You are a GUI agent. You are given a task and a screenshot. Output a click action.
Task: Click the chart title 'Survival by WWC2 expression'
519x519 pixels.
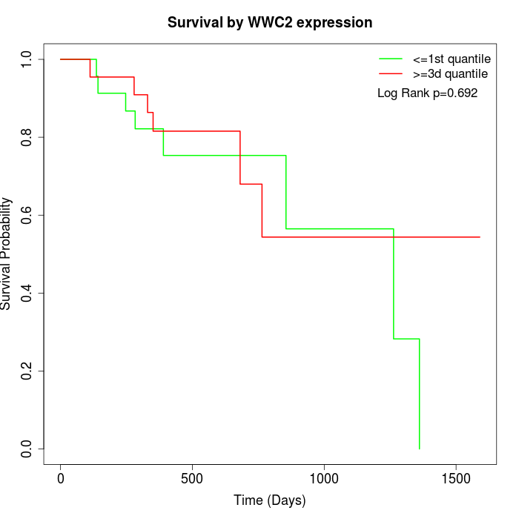[270, 22]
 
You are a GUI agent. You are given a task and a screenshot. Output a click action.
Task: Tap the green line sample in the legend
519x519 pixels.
[391, 59]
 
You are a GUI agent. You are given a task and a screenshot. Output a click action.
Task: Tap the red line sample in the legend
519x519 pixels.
[391, 74]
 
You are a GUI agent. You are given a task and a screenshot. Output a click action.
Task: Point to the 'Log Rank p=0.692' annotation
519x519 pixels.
[427, 93]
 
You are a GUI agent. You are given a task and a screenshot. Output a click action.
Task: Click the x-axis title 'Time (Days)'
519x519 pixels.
[270, 500]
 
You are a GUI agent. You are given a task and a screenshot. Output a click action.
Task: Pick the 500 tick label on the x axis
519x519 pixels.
[192, 477]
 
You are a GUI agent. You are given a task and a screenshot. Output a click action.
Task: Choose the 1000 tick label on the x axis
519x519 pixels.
[324, 477]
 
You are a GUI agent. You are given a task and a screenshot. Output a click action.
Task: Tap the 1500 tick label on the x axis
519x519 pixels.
[455, 477]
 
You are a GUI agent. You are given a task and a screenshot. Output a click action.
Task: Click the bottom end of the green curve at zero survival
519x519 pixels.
[420, 449]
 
